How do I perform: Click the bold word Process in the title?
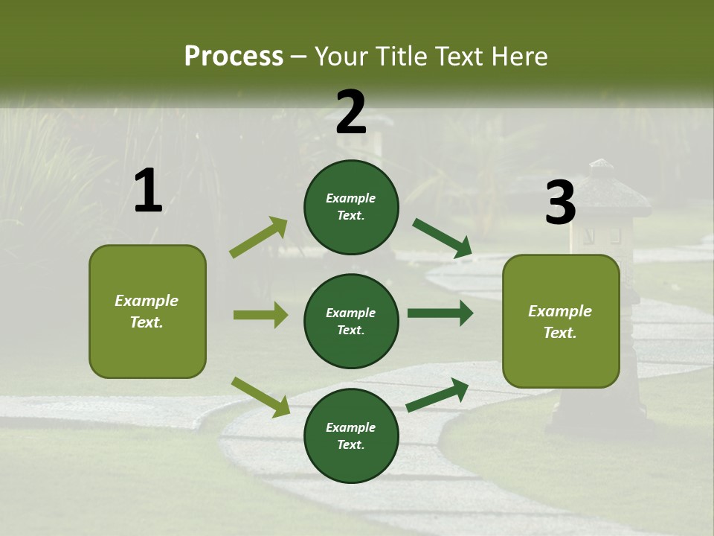tap(234, 57)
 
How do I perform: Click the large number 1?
tap(148, 191)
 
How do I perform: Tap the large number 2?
tap(351, 112)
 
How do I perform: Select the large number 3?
tap(560, 202)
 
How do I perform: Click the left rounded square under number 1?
tap(147, 311)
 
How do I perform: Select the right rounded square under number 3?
tap(561, 321)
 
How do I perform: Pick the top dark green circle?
tap(351, 207)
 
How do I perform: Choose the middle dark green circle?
tap(351, 321)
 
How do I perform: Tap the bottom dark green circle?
tap(351, 435)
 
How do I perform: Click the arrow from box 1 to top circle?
tap(259, 237)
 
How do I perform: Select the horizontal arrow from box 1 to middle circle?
tap(260, 315)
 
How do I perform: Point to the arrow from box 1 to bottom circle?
tap(260, 397)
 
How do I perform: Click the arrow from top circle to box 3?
tap(442, 238)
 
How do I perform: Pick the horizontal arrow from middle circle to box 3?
tap(440, 313)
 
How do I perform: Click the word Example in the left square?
tap(147, 301)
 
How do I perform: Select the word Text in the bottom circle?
tap(350, 444)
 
